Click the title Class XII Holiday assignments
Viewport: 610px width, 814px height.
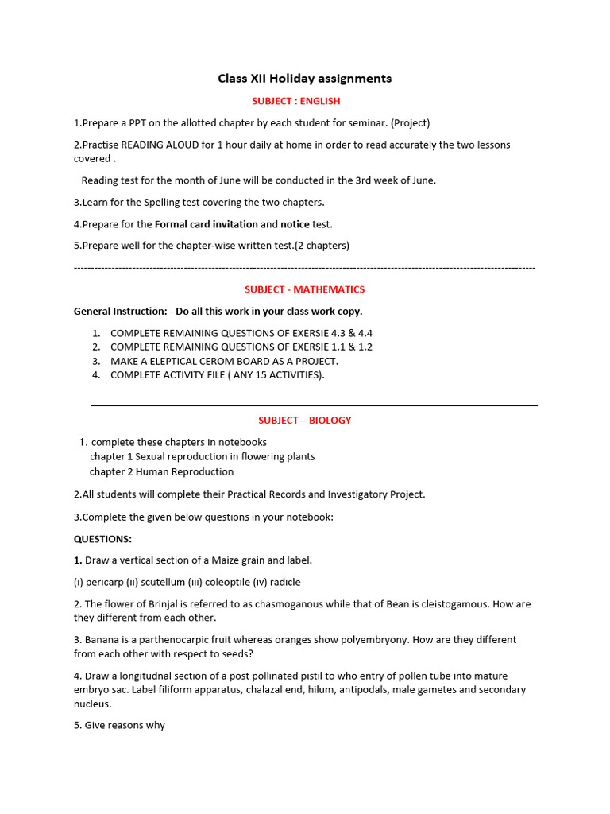pyautogui.click(x=305, y=79)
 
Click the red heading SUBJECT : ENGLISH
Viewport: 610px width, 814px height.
pyautogui.click(x=295, y=101)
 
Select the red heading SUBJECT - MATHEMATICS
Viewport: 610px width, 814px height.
pyautogui.click(x=305, y=289)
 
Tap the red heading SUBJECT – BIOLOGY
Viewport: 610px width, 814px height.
pyautogui.click(x=304, y=421)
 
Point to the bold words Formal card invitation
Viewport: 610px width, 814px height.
pyautogui.click(x=207, y=224)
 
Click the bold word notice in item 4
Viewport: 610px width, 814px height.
pyautogui.click(x=295, y=224)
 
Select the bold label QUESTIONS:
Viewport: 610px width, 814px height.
pyautogui.click(x=102, y=539)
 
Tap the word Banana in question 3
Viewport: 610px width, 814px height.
pyautogui.click(x=102, y=640)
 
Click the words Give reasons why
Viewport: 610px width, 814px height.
pyautogui.click(x=125, y=726)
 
